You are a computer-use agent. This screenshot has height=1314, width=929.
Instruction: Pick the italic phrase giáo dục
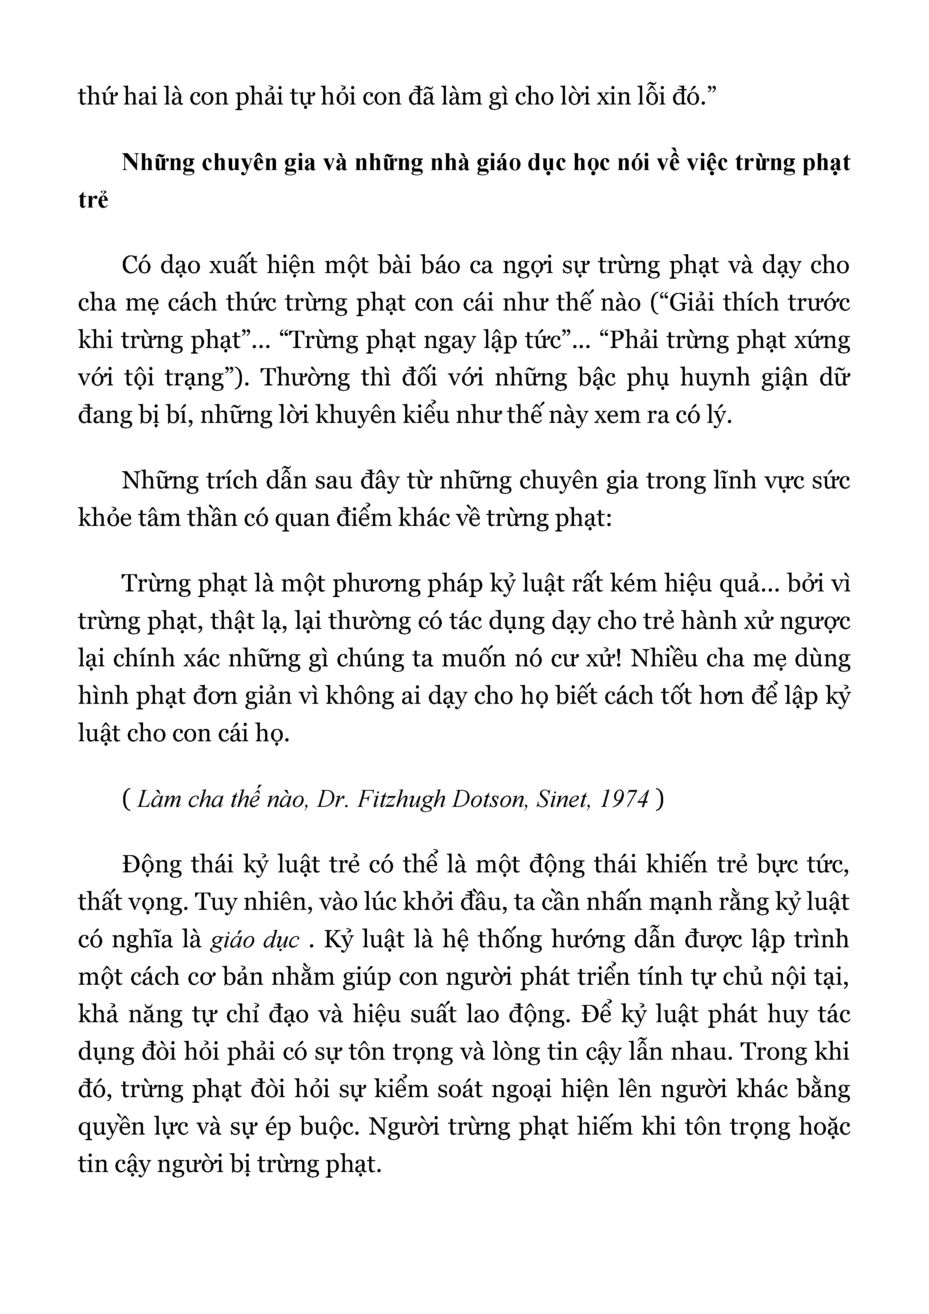click(255, 940)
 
